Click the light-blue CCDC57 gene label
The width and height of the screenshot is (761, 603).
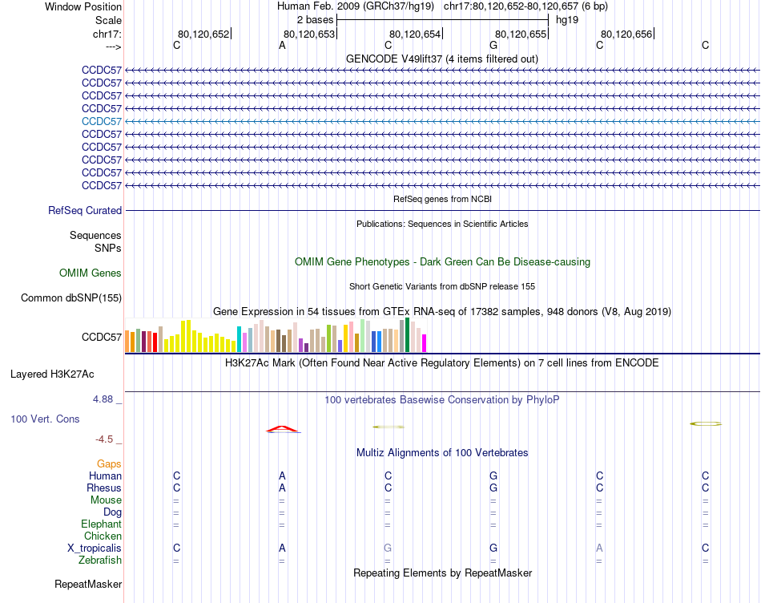point(102,121)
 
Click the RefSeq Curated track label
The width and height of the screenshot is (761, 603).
point(85,211)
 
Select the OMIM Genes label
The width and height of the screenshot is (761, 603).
point(91,273)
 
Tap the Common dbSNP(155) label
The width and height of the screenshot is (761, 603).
point(71,298)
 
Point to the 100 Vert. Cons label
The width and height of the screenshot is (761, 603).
point(45,419)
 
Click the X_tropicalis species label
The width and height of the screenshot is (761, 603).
point(95,548)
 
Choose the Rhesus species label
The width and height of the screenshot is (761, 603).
point(104,488)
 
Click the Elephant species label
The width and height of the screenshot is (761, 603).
point(101,524)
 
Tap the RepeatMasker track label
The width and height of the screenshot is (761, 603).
point(88,584)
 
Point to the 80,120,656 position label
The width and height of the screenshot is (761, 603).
point(626,34)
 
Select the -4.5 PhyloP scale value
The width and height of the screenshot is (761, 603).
point(108,439)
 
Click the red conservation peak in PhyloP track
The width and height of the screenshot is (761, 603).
point(283,429)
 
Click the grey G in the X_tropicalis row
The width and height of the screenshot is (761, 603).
point(388,548)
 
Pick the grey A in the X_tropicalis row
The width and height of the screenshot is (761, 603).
point(599,548)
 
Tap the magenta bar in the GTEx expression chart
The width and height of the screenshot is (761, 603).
point(425,342)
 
